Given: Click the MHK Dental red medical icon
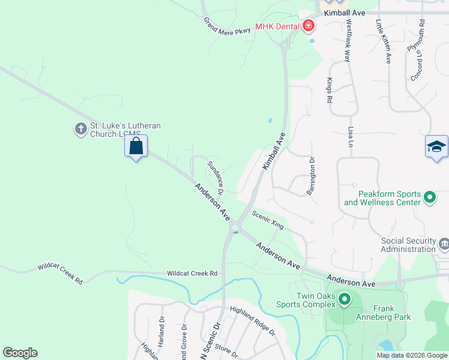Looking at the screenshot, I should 309,26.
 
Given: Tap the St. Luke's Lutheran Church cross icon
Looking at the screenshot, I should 80,129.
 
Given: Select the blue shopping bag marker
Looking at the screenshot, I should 136,146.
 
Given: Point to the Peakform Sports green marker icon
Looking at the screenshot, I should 430,197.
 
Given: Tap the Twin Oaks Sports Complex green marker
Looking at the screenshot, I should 345,299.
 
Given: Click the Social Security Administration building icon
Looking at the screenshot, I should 444,244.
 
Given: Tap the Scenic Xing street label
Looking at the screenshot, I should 267,219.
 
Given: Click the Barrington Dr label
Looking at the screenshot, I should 312,176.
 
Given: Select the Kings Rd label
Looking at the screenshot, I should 330,90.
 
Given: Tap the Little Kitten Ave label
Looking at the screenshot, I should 384,41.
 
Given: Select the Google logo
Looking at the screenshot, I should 20,353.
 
